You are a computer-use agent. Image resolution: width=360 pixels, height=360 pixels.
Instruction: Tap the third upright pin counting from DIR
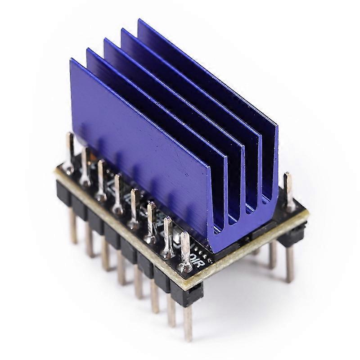tap(151, 220)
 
